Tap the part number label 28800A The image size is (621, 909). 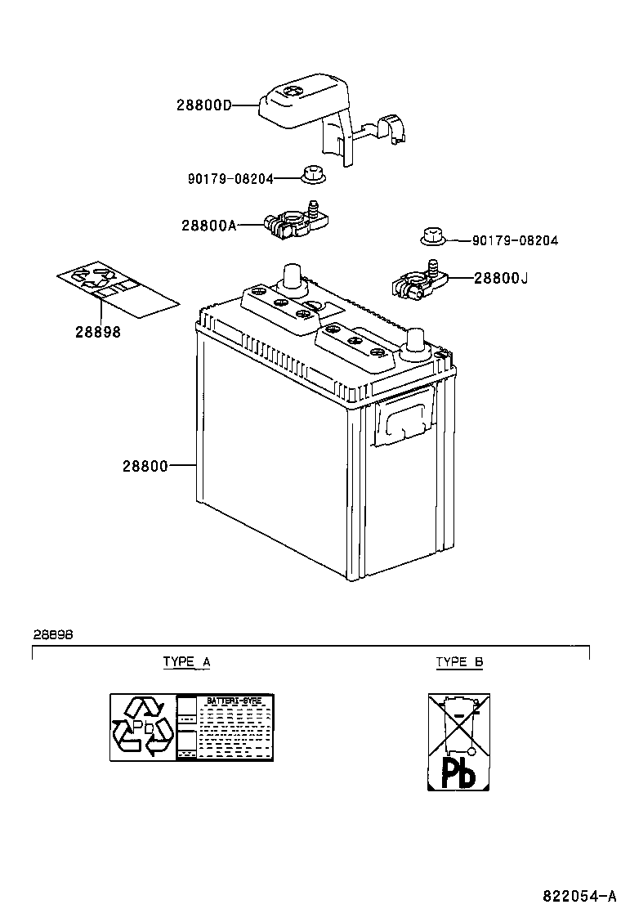(x=208, y=225)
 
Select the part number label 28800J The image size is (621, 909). (x=501, y=278)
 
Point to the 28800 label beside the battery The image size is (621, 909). (x=145, y=466)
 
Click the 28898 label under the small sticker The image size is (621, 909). (x=98, y=332)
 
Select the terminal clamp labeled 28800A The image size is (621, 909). (x=296, y=220)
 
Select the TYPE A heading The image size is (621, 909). (x=186, y=662)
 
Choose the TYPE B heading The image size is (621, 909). (x=459, y=662)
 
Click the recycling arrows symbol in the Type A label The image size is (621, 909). (x=144, y=727)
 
